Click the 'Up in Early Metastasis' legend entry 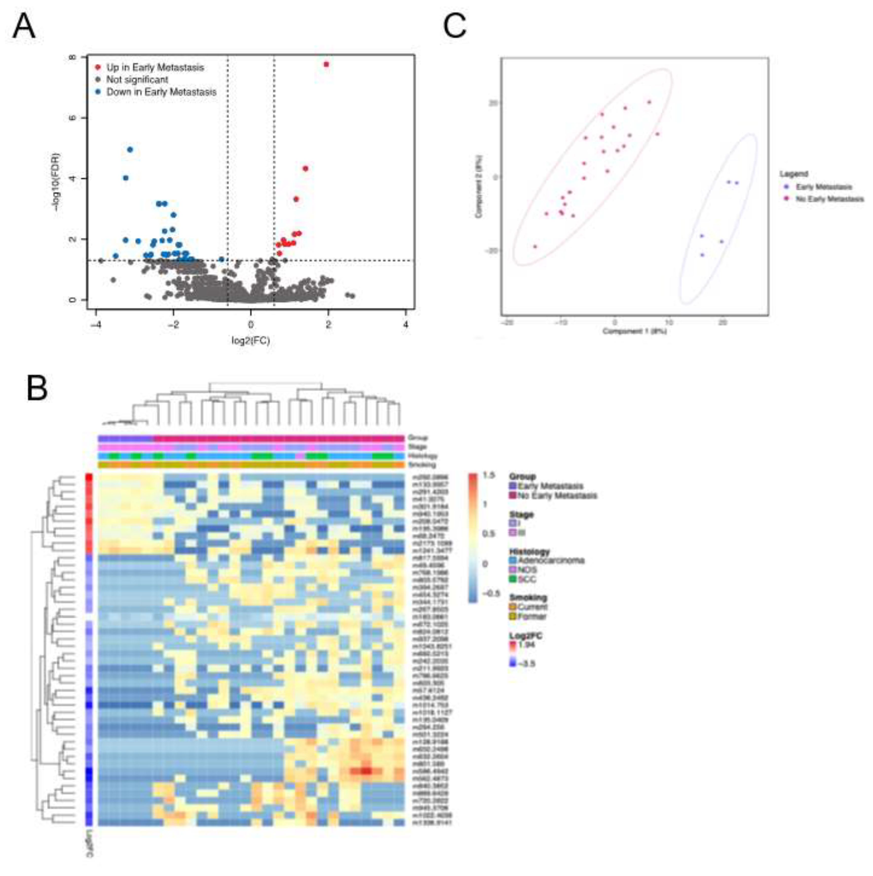[x=155, y=68]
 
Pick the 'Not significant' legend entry [x=137, y=80]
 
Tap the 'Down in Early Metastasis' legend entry [x=161, y=92]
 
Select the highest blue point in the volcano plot [x=130, y=149]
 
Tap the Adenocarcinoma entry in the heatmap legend [x=551, y=561]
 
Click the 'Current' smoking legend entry [x=532, y=607]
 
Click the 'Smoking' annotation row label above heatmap [x=422, y=465]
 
